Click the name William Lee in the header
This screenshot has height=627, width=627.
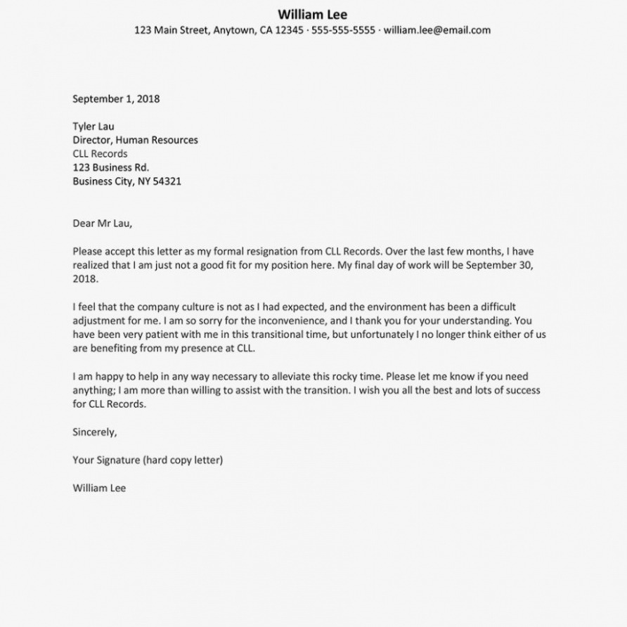pos(312,14)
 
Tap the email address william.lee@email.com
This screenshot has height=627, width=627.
pos(437,30)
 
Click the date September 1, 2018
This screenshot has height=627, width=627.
pos(116,99)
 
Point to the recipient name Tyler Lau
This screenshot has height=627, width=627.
pos(93,127)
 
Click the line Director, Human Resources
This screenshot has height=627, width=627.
pos(135,140)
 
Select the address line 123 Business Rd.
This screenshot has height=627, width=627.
pos(110,167)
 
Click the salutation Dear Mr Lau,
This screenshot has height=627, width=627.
pos(102,224)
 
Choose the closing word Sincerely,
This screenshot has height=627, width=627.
pos(95,432)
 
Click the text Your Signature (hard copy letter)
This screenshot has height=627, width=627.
pos(148,460)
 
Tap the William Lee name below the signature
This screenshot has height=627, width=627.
pos(99,488)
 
